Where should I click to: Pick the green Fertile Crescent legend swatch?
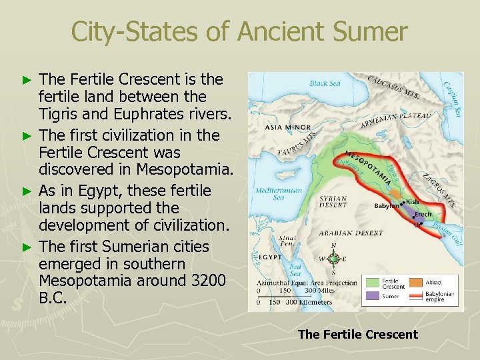click(x=371, y=281)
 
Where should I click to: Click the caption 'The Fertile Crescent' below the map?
click(x=357, y=335)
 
